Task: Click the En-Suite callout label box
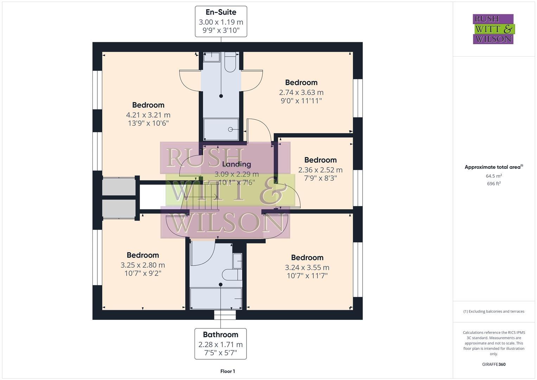[221, 21]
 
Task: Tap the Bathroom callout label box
[220, 344]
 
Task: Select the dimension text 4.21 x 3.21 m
[148, 115]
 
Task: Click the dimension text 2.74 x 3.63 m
[301, 92]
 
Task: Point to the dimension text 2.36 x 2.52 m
[320, 170]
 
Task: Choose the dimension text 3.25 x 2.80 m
[142, 265]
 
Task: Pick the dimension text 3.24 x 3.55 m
[307, 267]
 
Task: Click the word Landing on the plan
[236, 164]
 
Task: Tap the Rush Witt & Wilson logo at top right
[493, 29]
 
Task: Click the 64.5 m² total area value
[493, 176]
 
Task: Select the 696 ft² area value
[493, 183]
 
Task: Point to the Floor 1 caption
[228, 371]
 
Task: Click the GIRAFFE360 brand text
[493, 364]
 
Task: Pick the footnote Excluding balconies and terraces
[493, 311]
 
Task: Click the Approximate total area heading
[493, 167]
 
